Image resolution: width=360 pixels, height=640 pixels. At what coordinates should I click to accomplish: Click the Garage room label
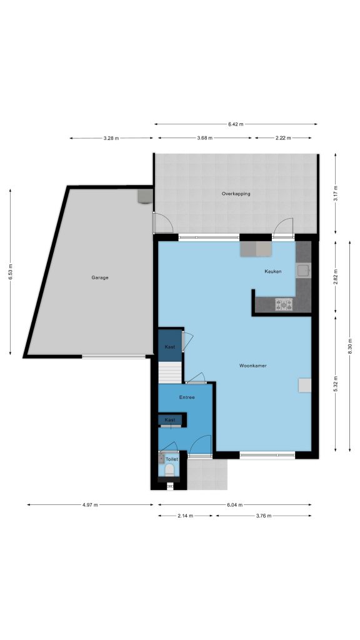point(100,277)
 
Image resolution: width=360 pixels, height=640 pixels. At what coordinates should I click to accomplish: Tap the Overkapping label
point(236,194)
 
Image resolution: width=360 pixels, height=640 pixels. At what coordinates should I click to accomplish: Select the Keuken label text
point(273,271)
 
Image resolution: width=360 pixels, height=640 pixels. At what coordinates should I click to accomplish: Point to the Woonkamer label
point(253,366)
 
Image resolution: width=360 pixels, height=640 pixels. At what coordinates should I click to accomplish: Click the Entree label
point(187,397)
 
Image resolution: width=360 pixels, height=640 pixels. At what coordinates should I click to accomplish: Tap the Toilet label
point(172,459)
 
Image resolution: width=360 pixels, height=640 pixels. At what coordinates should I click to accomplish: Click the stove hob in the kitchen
point(284,304)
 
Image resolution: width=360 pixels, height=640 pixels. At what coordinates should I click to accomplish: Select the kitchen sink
point(303,271)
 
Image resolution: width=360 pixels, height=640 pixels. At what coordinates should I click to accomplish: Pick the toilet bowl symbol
point(169,470)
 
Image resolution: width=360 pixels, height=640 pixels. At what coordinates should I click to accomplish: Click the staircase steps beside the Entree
point(170,372)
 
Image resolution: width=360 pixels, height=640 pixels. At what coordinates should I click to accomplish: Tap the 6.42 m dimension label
point(236,124)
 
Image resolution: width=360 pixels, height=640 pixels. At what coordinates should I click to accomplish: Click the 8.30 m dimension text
point(350,346)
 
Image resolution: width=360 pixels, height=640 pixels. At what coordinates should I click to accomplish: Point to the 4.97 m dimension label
point(90,505)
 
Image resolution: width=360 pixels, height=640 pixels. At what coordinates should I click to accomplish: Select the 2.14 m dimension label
point(186,516)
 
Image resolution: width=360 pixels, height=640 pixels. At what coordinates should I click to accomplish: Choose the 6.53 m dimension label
point(11,272)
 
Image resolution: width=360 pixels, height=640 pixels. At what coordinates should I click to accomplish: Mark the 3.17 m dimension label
point(336,194)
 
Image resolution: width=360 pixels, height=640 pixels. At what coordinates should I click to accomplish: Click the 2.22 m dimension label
point(283,138)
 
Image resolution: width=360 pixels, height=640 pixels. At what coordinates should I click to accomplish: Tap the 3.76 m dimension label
point(264,516)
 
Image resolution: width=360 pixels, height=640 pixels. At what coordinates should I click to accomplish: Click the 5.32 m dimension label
point(336,384)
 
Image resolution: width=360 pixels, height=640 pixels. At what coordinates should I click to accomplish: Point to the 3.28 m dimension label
point(111,138)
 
